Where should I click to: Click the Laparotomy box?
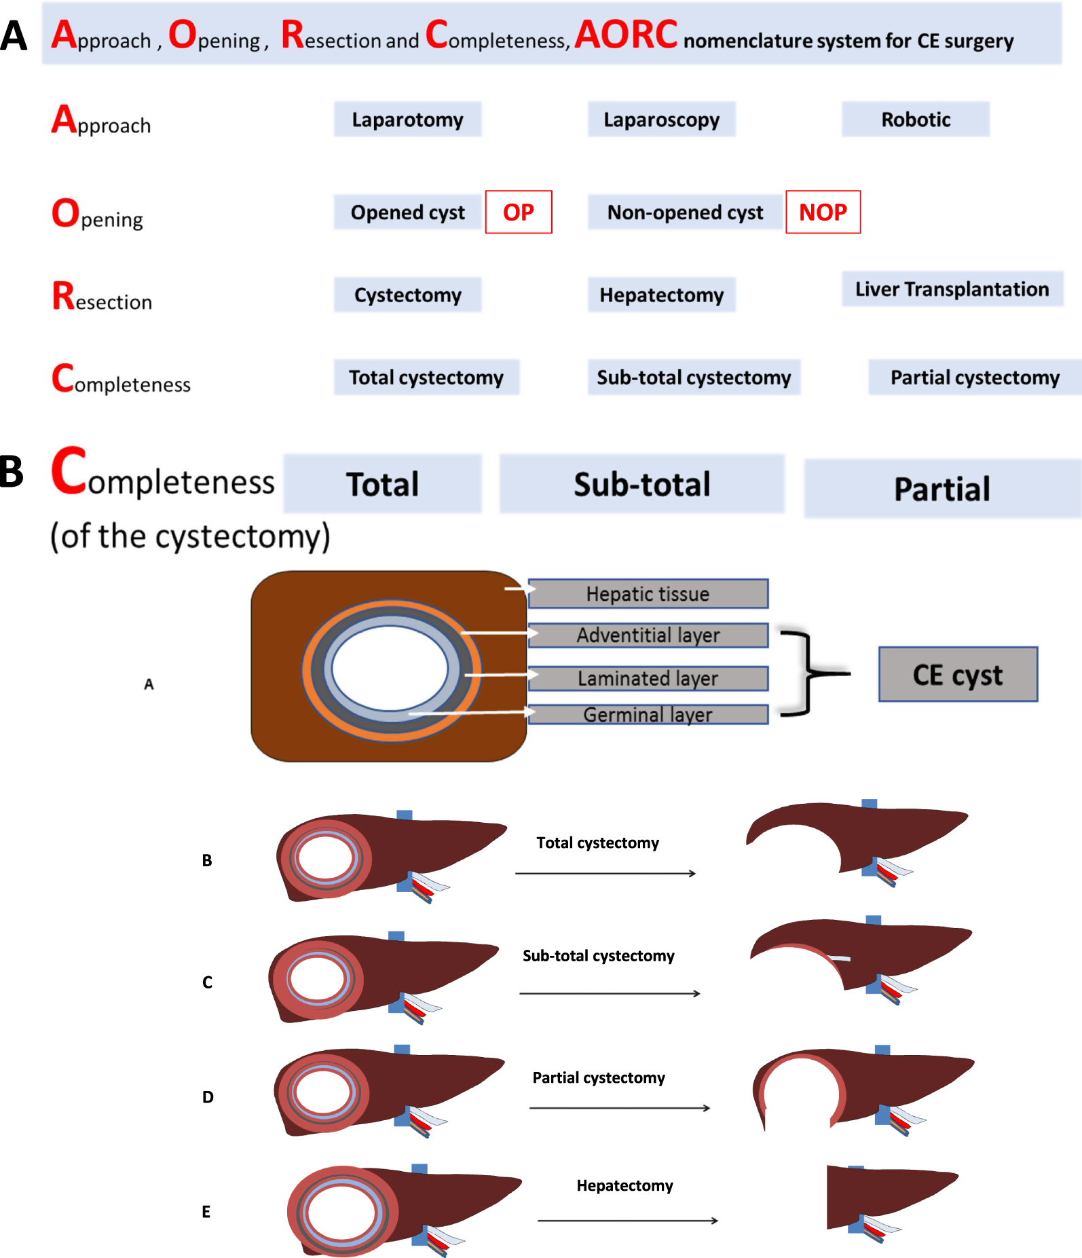407,119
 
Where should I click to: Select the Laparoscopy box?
661,119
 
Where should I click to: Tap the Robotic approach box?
915,119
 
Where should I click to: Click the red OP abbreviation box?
519,212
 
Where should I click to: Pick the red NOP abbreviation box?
823,212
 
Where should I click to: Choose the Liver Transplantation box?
952,289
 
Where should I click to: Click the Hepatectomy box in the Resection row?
661,295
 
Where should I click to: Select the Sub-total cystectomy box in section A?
694,377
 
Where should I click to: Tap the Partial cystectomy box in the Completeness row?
974,377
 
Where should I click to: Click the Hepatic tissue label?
648,594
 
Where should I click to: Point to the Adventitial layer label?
648,635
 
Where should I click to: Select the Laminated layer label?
648,678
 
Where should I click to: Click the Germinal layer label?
648,714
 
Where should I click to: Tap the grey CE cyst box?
958,674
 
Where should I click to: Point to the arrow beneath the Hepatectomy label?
627,1221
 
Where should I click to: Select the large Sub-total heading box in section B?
641,484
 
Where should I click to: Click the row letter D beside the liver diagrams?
208,1097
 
